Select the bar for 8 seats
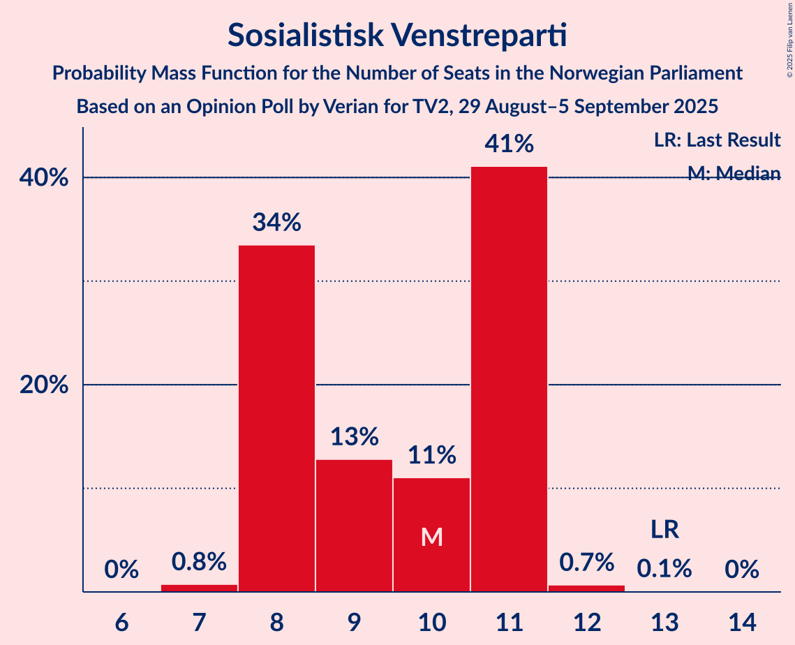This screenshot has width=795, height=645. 276,418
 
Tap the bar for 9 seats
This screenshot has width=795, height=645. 354,525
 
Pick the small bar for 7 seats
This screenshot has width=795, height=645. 199,588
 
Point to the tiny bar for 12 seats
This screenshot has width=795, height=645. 586,588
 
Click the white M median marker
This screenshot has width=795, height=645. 432,537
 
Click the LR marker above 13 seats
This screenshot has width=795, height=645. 664,530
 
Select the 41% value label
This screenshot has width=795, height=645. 509,144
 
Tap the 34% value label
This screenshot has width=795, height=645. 276,223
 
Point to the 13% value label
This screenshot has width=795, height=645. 354,437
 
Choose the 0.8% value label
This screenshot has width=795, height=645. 199,561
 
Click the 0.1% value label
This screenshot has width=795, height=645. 664,569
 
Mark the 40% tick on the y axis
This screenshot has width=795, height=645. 44,178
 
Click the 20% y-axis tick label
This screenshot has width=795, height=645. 44,385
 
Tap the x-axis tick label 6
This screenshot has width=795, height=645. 121,621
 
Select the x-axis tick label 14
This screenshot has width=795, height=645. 741,621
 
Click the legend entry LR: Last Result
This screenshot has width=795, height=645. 717,140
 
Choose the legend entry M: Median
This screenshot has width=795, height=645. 734,173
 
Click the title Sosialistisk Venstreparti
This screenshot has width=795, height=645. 397,35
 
